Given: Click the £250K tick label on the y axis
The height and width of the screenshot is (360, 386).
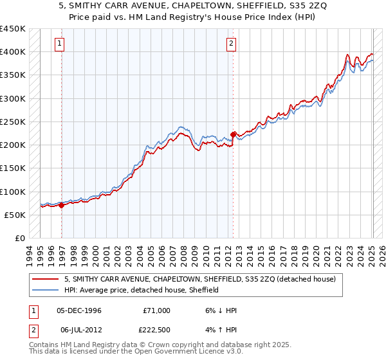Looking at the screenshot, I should (13, 122).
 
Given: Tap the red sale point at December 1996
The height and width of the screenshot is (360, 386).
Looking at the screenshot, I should (61, 206).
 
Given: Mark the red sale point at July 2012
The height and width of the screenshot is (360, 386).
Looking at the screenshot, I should (233, 134).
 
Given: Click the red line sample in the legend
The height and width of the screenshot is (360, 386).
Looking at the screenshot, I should (46, 280).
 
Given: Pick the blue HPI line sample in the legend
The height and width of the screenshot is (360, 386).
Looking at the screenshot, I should (46, 290).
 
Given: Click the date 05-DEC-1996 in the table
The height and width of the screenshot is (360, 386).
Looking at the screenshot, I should (79, 310).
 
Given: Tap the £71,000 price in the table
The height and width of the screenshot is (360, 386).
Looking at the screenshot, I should (156, 310).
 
